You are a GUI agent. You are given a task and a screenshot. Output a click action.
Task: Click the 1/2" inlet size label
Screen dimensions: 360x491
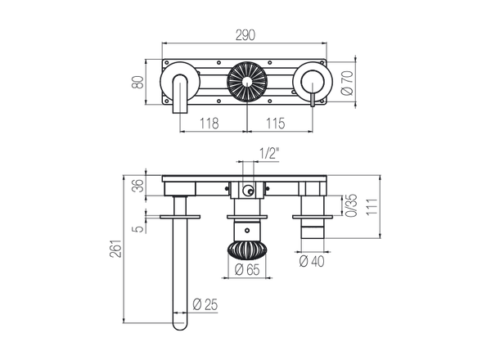coord(266,152)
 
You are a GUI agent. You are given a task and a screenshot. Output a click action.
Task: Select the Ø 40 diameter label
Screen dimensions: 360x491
coord(312,262)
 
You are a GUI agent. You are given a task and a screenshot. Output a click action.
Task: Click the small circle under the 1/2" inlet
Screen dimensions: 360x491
coord(245,193)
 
